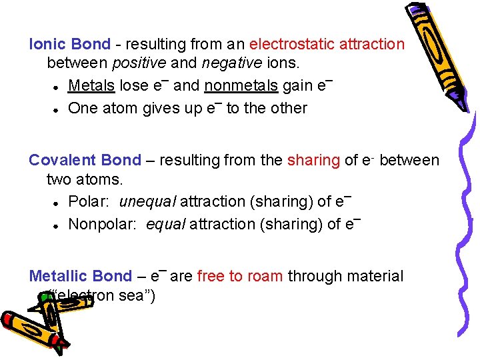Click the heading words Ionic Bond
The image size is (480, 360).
69,45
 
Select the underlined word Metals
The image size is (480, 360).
91,86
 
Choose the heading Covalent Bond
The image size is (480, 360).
85,161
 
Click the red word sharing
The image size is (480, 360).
313,161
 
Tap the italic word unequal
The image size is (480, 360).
147,201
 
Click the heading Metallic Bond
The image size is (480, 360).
80,276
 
